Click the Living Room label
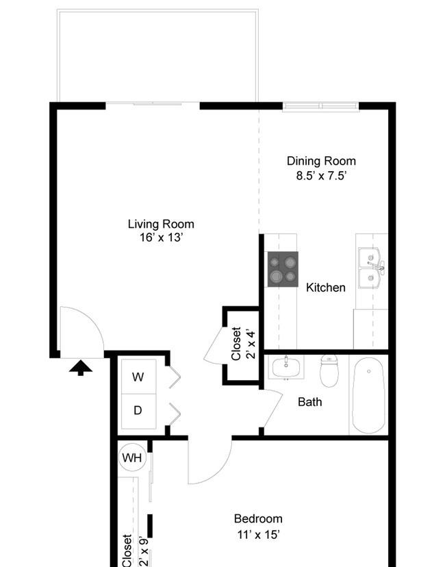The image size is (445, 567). pos(161,224)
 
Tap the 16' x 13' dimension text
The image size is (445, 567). pos(162,238)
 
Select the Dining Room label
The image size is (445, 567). pos(321,161)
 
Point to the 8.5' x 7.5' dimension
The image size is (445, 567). pos(322,176)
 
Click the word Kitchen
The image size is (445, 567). pos(326,288)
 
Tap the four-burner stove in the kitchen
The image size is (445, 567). pos(283,269)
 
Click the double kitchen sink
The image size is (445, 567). pos(371,268)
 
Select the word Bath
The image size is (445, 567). pos(310,402)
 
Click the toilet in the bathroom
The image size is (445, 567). pos(329,370)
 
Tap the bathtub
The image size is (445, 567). pos(369,395)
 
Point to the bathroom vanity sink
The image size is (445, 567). pos(286,368)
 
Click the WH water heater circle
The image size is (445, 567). pos(132,457)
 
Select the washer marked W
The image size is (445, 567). pos(138,377)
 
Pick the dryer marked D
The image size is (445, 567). pos(138,411)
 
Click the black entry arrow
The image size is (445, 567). pos(81,368)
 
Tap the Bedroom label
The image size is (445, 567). pos(258,519)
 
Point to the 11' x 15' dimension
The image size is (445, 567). pos(259,534)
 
